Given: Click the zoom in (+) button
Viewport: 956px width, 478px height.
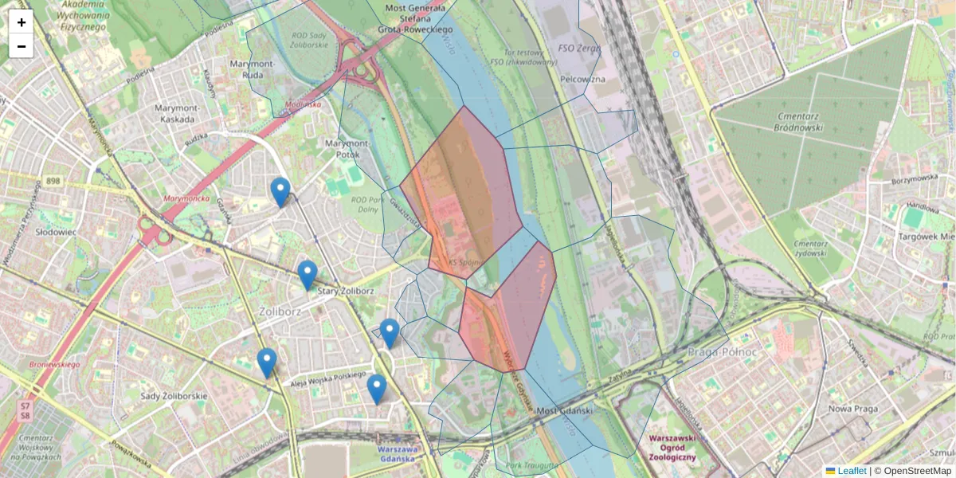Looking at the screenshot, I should tap(22, 22).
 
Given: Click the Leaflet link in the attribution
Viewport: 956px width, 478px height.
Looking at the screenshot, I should tap(851, 471).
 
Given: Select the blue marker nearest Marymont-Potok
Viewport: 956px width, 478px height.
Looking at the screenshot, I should tap(280, 192).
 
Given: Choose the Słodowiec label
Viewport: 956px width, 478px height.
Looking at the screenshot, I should tap(56, 232).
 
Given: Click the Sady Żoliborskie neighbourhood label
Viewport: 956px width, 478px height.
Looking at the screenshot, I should tap(173, 396).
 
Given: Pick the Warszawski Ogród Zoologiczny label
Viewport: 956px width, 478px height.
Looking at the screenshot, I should tap(672, 448).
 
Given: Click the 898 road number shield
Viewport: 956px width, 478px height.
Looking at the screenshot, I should tap(53, 182).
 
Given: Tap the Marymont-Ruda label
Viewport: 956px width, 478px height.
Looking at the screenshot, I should tap(252, 69).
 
